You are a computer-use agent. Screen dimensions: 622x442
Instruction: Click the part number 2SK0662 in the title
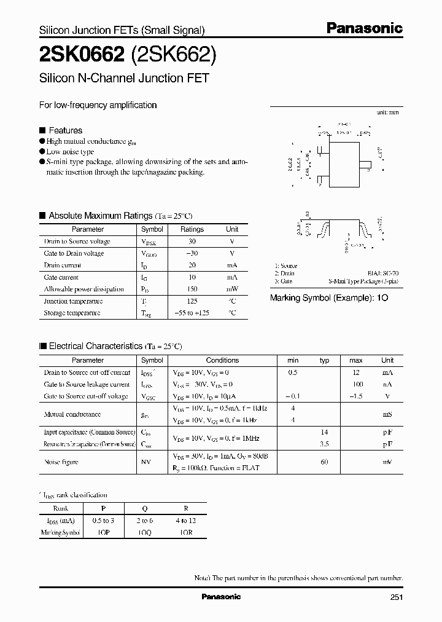click(81, 55)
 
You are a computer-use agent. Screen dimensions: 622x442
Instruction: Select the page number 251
click(395, 597)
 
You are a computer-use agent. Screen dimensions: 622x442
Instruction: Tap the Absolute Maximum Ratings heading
click(100, 216)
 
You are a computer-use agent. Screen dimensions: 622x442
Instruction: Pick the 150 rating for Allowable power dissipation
click(192, 289)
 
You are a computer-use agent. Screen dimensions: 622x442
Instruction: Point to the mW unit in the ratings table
click(232, 289)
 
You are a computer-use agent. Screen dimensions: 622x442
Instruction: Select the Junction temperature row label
click(73, 301)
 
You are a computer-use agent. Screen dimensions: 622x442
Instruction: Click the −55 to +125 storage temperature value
click(192, 313)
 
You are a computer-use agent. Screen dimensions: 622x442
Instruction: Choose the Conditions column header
click(222, 360)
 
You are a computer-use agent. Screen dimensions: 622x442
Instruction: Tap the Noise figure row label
click(61, 462)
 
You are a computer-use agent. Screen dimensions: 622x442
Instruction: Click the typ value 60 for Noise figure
click(325, 462)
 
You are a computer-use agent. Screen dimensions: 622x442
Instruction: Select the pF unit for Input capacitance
click(387, 433)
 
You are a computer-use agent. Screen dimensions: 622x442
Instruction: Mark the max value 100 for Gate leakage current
click(356, 384)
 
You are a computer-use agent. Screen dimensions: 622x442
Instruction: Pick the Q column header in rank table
click(144, 509)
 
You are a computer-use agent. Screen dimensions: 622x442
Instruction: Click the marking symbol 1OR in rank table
click(186, 532)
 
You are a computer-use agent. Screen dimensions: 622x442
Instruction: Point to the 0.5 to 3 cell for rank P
click(103, 521)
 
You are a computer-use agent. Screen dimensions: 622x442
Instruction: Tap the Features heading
click(65, 130)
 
